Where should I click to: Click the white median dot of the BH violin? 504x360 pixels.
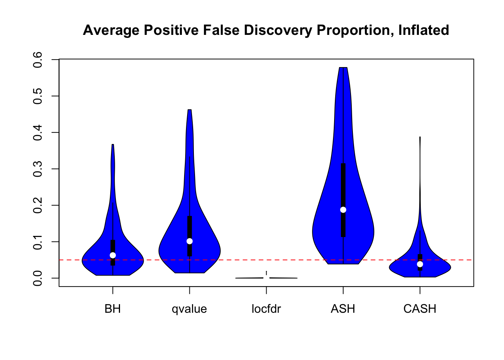pos(113,255)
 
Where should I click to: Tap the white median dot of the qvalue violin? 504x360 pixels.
pos(189,241)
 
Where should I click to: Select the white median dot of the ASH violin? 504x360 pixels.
pos(343,210)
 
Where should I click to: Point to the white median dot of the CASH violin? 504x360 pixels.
pos(420,264)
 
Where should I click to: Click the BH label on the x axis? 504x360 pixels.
pos(113,309)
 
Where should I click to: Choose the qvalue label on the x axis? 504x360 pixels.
pos(189,309)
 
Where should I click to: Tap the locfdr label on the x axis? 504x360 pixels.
pos(266,309)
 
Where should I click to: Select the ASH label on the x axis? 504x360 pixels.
pos(343,309)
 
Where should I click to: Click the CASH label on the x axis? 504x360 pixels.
pos(420,309)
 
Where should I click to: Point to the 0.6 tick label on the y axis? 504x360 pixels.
pos(38,60)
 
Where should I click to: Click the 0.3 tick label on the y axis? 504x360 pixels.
pos(38,169)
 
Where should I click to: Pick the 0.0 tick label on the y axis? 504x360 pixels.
pos(38,278)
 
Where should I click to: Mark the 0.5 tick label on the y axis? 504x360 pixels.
pos(38,96)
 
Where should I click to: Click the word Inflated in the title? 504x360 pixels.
pos(423,30)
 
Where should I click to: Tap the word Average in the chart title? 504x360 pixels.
pos(111,30)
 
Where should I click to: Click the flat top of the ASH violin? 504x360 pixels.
pos(343,68)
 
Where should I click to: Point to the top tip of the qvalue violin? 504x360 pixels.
pos(189,110)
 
